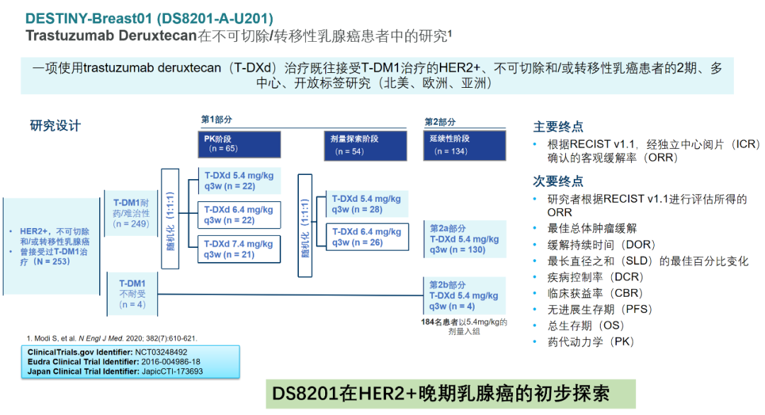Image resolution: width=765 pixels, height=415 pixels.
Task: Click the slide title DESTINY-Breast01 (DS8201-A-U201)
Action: (x=149, y=18)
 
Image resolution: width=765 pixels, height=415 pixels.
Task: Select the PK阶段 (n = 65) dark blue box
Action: (x=239, y=144)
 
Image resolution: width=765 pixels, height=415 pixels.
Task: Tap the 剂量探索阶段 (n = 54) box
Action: (x=365, y=145)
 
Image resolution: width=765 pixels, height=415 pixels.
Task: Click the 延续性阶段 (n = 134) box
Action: (x=465, y=145)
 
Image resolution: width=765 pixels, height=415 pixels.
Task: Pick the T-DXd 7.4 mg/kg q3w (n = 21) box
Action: (x=239, y=249)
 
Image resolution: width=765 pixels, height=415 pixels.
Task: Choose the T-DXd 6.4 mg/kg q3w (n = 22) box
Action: (x=239, y=215)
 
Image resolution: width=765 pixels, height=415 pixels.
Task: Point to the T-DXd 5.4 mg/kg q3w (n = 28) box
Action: (x=367, y=205)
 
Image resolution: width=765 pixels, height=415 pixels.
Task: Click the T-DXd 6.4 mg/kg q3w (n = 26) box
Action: (x=367, y=237)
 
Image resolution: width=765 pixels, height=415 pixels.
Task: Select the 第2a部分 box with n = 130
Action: (x=465, y=239)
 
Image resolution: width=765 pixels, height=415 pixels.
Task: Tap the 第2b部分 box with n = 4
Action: (x=464, y=295)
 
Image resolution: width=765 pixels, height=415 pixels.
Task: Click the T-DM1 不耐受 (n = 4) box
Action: (x=132, y=294)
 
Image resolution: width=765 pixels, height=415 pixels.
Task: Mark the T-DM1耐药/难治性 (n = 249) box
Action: (x=131, y=213)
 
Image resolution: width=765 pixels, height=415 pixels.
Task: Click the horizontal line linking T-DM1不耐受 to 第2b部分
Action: (x=290, y=295)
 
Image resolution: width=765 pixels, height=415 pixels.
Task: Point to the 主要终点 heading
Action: (x=558, y=127)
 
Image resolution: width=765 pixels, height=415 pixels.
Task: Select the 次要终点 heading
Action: (x=558, y=181)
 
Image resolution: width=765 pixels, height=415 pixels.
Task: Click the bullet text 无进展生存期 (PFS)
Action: (x=600, y=309)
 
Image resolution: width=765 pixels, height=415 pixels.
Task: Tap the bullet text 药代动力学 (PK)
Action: (x=590, y=342)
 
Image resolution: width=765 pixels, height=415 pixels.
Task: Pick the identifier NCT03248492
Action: (x=161, y=352)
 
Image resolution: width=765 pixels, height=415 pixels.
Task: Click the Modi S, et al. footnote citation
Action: (x=112, y=338)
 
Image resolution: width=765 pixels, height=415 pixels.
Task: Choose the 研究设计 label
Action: (x=55, y=126)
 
